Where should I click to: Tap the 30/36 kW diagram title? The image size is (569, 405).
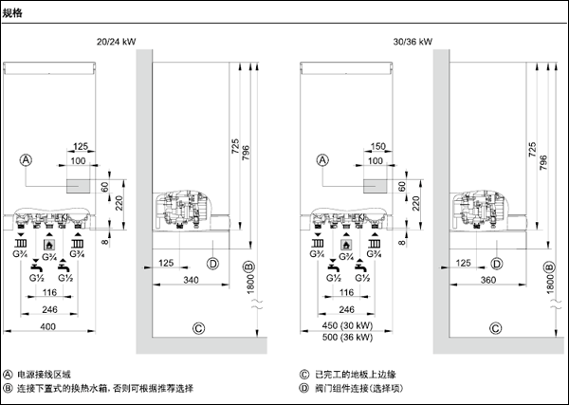point(413,43)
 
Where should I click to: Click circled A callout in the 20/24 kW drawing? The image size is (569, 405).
point(28,161)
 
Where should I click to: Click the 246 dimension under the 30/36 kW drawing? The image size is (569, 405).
point(346,309)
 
